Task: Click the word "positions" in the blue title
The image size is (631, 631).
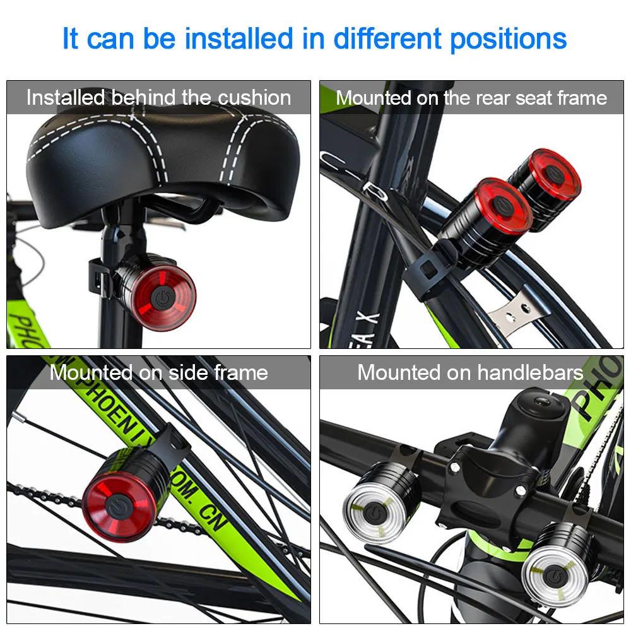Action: coord(509,39)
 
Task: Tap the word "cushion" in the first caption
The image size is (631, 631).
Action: coord(255,98)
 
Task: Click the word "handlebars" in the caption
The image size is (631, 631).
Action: coord(530,372)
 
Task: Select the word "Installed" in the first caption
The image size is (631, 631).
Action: coord(65,98)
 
